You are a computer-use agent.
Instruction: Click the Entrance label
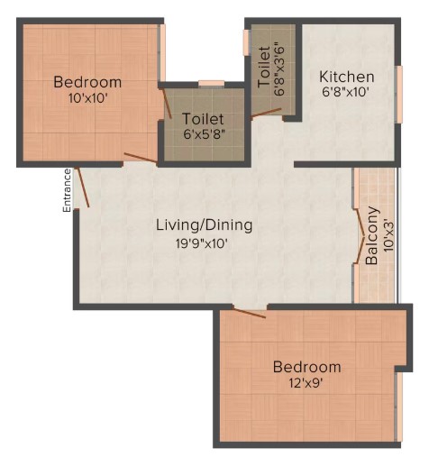(x=67, y=190)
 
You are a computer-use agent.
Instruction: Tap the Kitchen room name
(x=347, y=77)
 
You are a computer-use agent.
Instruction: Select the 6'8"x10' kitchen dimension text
(x=345, y=92)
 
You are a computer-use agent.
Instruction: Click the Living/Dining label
(x=205, y=225)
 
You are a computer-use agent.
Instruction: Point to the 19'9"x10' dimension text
(x=201, y=243)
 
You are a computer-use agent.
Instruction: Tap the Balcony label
(x=371, y=235)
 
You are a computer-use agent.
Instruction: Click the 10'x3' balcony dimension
(x=388, y=236)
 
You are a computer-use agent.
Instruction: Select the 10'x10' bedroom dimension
(x=87, y=98)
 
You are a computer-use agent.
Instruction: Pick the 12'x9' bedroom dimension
(x=306, y=383)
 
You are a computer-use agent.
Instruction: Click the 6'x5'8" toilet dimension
(x=205, y=134)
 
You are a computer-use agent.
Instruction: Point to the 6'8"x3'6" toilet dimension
(x=279, y=71)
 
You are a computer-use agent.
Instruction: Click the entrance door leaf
(x=82, y=187)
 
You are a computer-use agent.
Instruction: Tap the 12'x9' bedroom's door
(x=249, y=313)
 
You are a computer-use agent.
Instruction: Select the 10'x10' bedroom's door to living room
(x=141, y=158)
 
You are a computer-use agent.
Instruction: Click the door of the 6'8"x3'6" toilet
(x=266, y=113)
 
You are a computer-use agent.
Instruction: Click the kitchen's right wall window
(x=399, y=95)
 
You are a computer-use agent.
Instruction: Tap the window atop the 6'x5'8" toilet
(x=212, y=84)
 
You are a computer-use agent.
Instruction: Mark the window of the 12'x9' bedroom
(x=399, y=407)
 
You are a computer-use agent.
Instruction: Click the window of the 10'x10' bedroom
(x=162, y=53)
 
